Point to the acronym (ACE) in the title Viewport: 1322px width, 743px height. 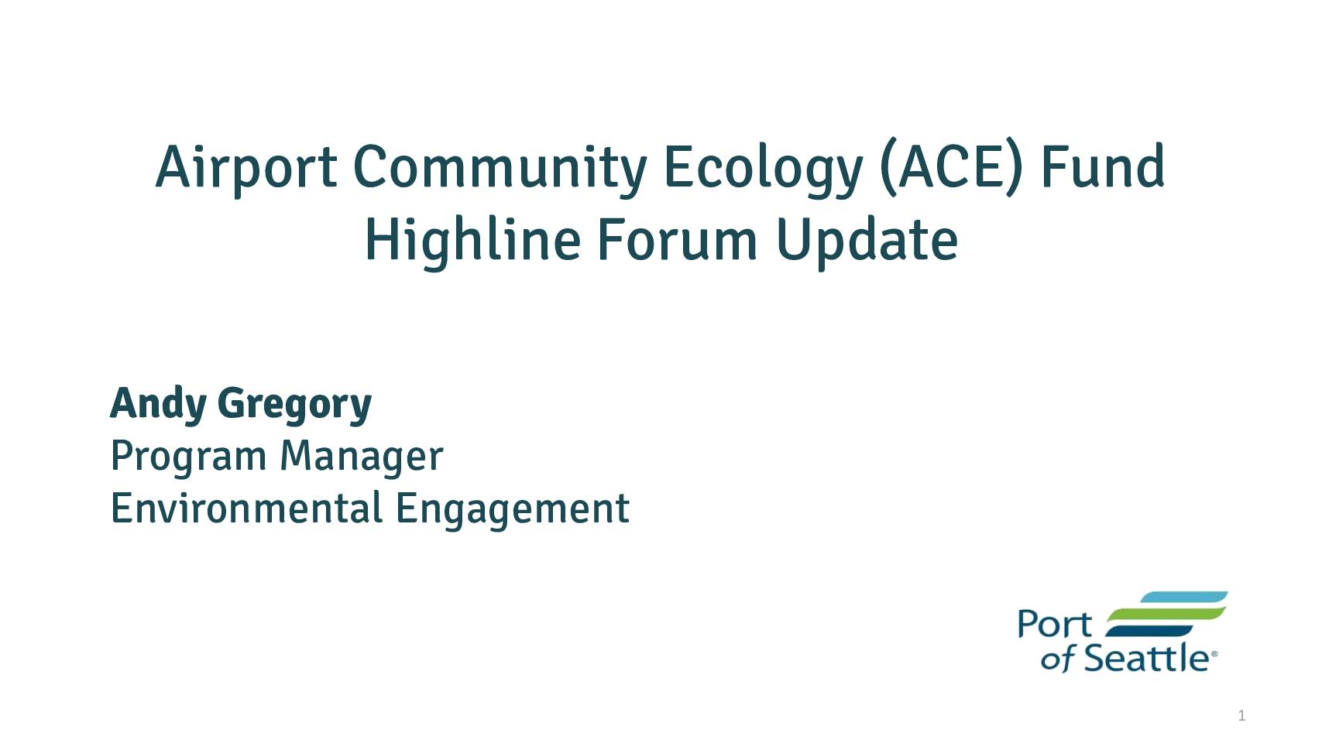pyautogui.click(x=950, y=167)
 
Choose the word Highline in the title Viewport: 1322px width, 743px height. pyautogui.click(x=472, y=241)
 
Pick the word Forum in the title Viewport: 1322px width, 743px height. pyautogui.click(x=677, y=239)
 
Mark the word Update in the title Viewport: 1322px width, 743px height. pyautogui.click(x=867, y=242)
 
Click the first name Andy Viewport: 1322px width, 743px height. pyautogui.click(x=158, y=405)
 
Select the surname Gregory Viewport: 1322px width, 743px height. pyautogui.click(x=294, y=406)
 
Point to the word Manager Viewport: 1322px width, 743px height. pyautogui.click(x=361, y=456)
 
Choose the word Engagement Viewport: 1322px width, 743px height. pyautogui.click(x=512, y=510)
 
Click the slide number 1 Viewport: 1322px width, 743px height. pyautogui.click(x=1241, y=716)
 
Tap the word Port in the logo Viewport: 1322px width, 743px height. pyautogui.click(x=1055, y=624)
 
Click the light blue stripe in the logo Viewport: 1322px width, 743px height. pyautogui.click(x=1183, y=597)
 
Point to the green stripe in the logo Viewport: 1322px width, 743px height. pyautogui.click(x=1166, y=614)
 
